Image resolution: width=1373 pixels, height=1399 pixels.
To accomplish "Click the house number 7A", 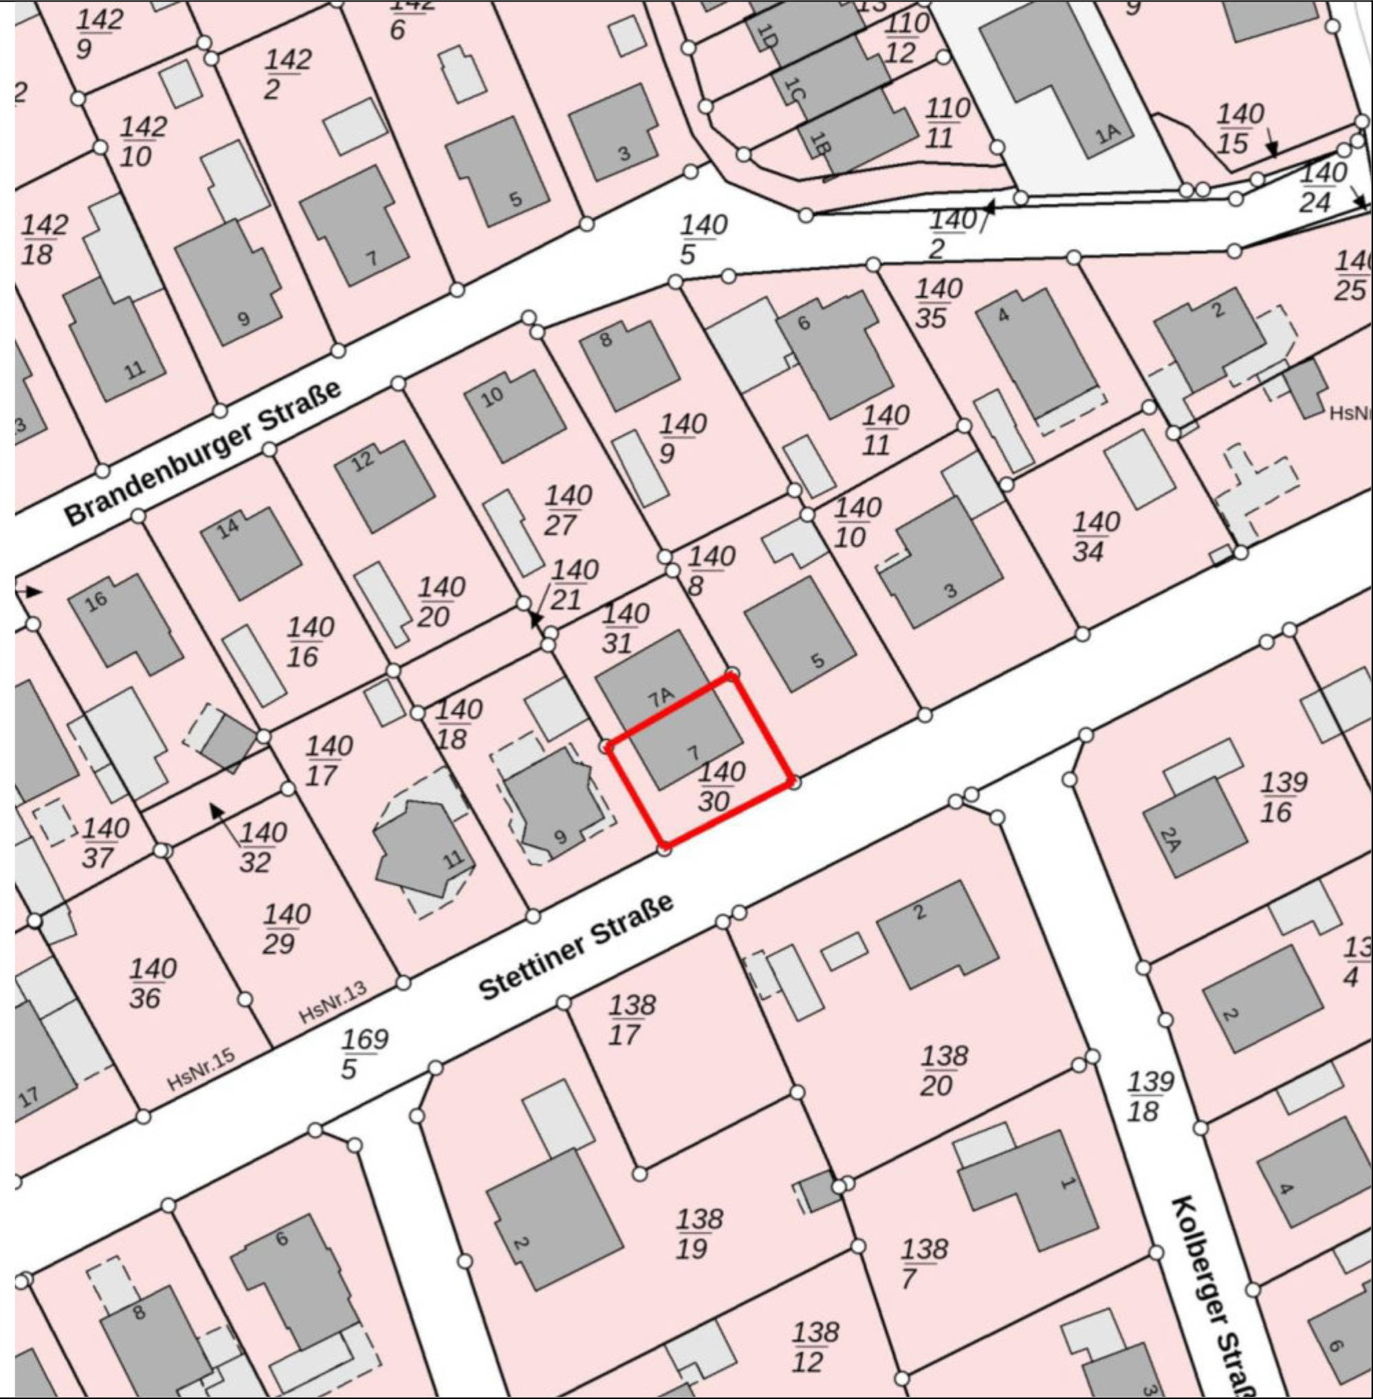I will (661, 696).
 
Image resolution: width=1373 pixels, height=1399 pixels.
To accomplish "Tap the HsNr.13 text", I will (333, 1002).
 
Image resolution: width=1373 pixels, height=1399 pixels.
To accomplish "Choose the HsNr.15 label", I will (201, 1069).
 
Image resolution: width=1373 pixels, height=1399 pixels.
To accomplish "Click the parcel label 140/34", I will (1095, 536).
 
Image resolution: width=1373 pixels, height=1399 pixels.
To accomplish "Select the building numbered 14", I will (228, 529).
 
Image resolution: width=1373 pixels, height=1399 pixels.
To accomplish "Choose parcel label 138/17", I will (630, 1020).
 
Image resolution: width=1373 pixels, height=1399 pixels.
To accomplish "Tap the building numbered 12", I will (363, 460).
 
